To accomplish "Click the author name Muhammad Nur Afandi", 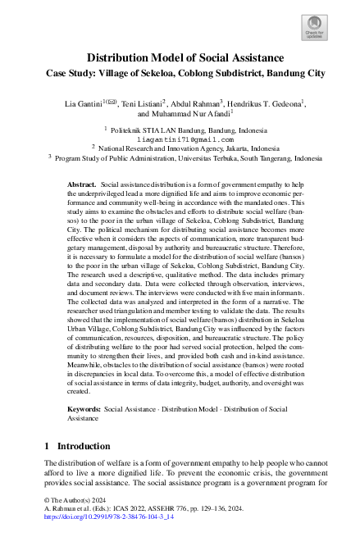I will point(191,115).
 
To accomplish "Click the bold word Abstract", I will point(81,185).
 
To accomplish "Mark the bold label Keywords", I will point(84,407).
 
